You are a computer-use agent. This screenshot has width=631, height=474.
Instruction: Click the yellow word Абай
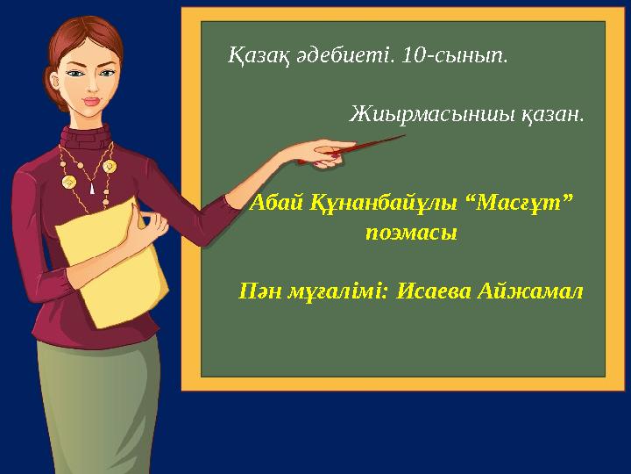(x=276, y=203)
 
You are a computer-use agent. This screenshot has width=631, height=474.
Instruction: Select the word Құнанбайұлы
(x=384, y=204)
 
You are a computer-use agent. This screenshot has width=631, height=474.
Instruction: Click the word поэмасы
(x=411, y=233)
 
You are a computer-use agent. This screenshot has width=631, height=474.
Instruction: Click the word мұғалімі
(x=337, y=292)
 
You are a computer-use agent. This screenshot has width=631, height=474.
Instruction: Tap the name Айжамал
(x=530, y=291)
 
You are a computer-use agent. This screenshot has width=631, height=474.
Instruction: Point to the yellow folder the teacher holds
(x=112, y=262)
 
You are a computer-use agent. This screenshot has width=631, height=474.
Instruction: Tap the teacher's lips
(x=91, y=101)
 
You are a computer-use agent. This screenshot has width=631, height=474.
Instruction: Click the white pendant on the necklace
(x=92, y=188)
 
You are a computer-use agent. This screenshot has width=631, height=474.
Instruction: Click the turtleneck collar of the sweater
(x=85, y=138)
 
